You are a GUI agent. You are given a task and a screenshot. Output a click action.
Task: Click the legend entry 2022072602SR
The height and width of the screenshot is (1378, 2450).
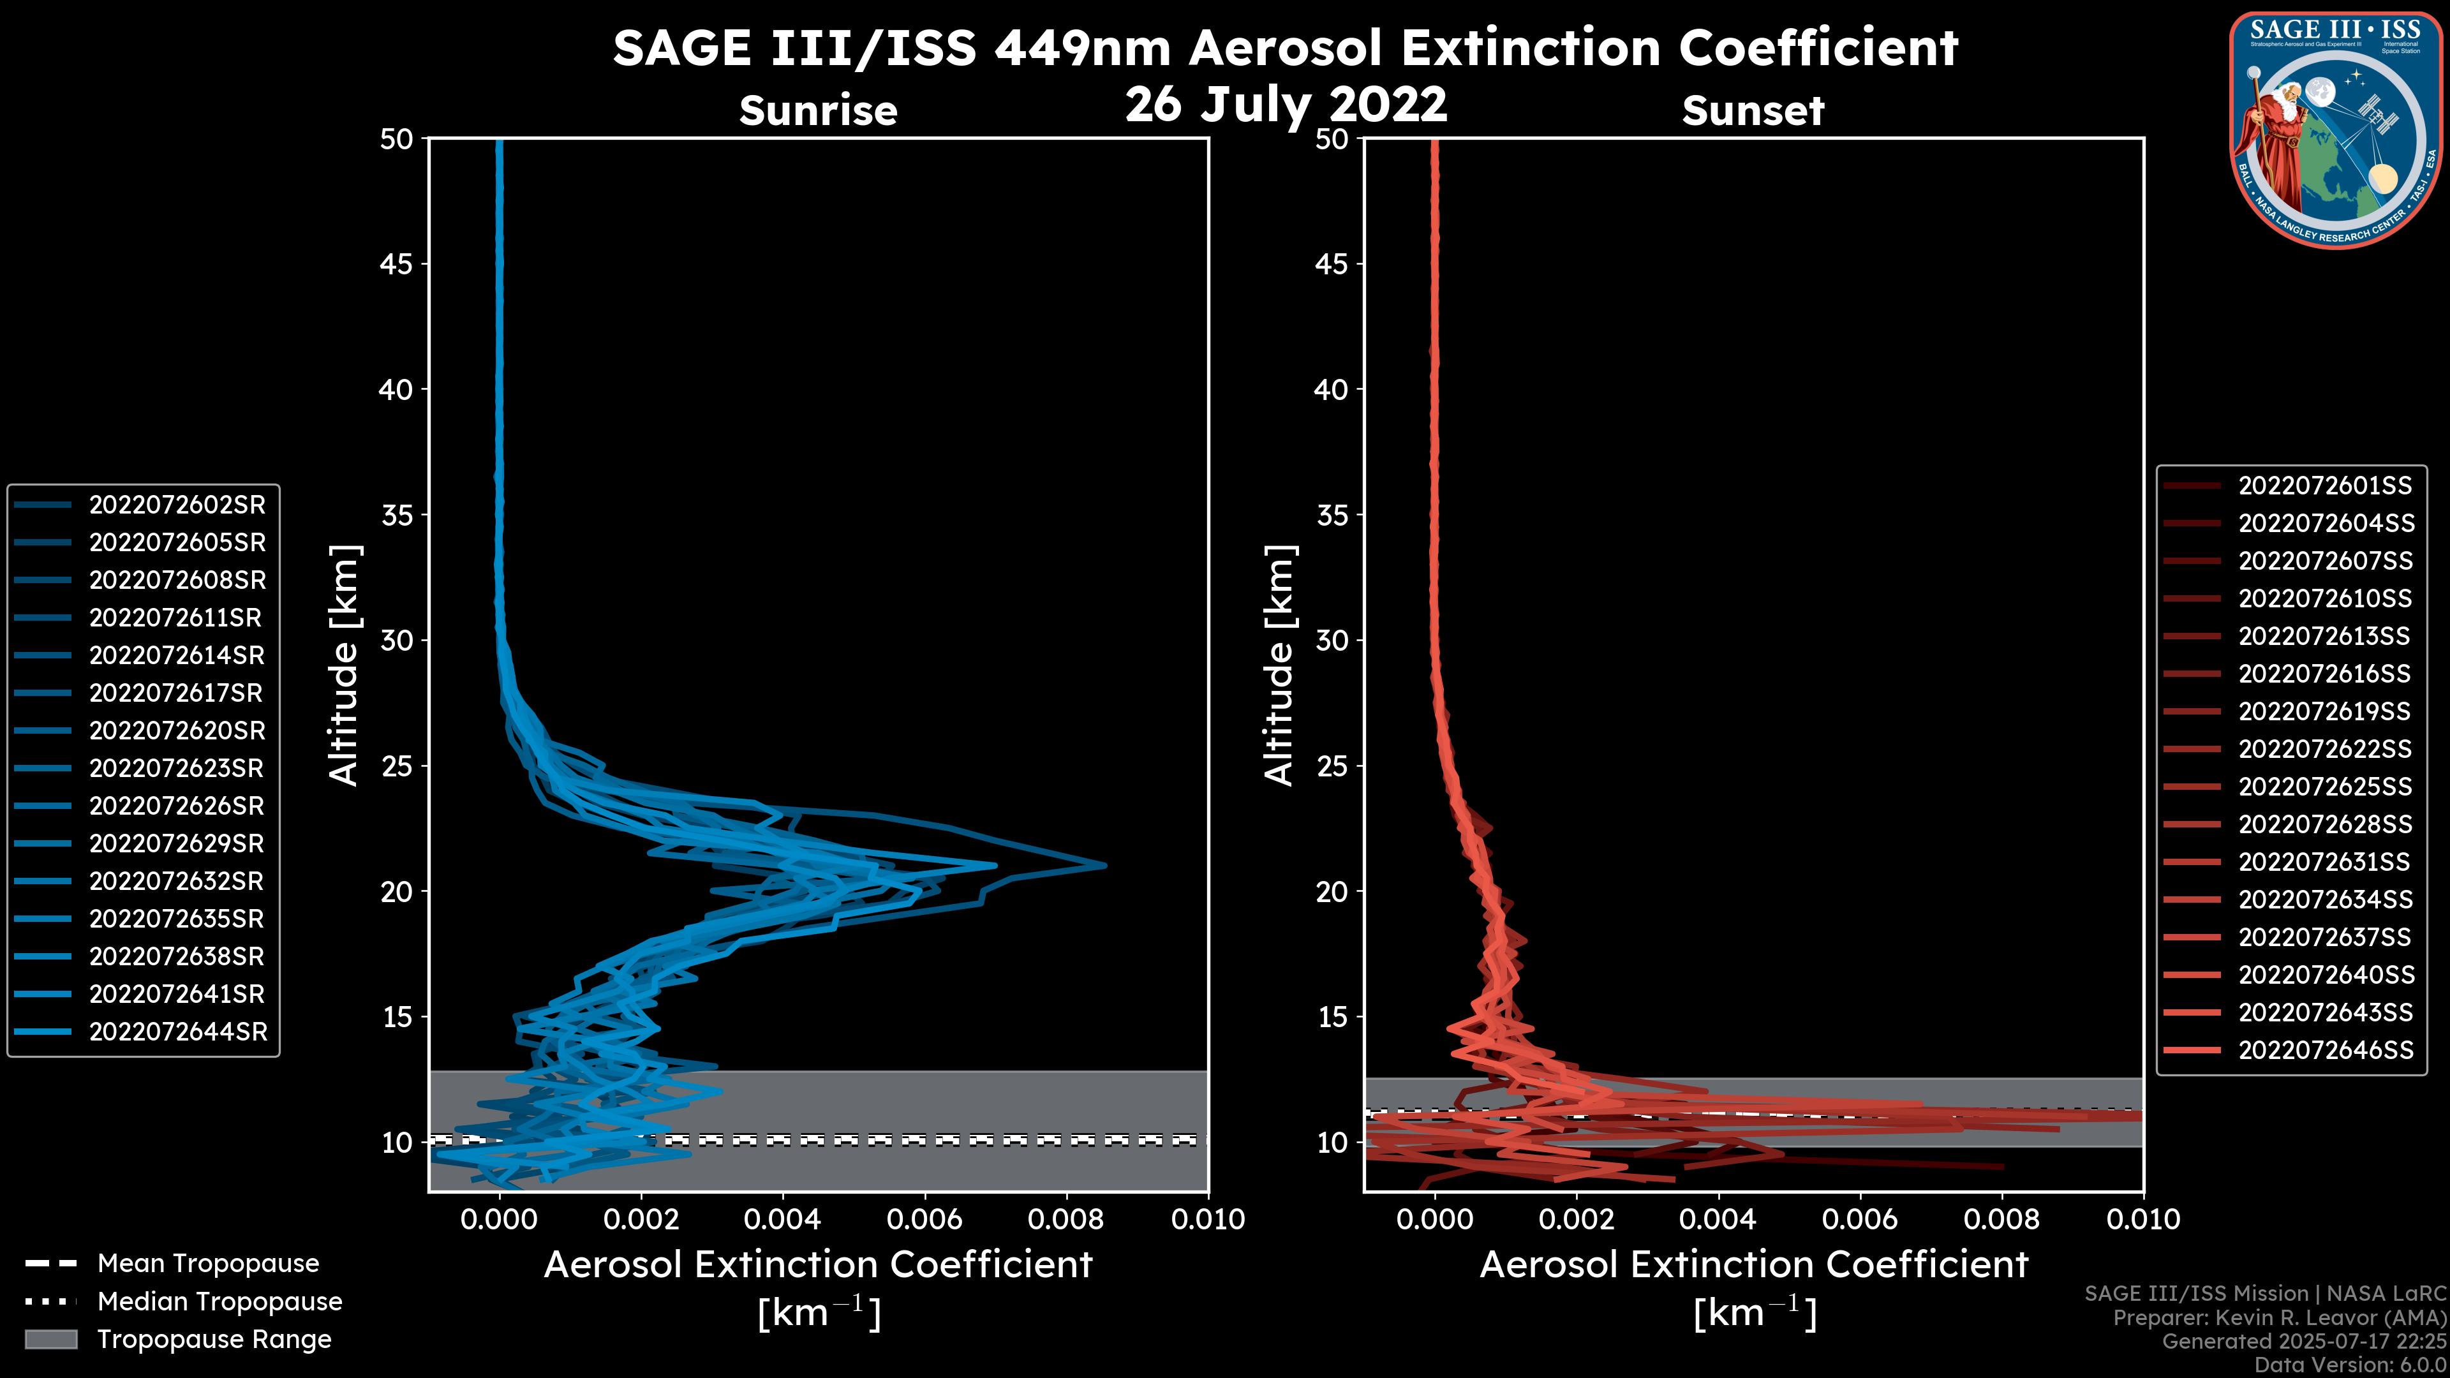point(177,505)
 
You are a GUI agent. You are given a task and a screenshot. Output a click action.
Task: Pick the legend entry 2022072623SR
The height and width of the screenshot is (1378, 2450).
point(177,768)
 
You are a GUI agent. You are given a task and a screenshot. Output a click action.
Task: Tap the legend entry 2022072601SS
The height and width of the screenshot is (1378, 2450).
point(2324,486)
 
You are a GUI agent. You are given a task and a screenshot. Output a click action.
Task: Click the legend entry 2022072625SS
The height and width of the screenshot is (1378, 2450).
point(2324,787)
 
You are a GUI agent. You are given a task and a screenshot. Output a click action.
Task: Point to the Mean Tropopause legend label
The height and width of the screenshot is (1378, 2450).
point(208,1264)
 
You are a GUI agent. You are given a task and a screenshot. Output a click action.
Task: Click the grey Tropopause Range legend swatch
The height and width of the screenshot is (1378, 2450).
point(50,1339)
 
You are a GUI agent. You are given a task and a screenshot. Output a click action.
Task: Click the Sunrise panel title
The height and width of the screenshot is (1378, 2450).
point(818,111)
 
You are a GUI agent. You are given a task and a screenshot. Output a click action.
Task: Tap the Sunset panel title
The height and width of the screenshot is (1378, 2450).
point(1753,111)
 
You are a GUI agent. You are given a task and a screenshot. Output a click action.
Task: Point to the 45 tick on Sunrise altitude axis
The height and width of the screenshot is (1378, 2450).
point(397,263)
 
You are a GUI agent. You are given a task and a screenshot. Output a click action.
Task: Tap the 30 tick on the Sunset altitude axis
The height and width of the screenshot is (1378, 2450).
point(1332,640)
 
